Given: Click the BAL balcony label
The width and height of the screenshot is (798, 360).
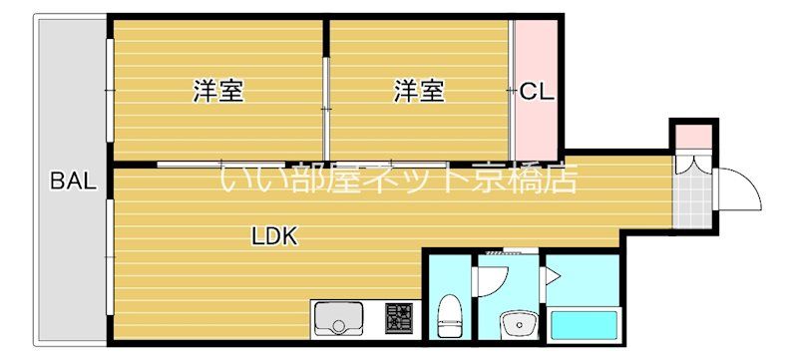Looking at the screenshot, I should (x=73, y=181).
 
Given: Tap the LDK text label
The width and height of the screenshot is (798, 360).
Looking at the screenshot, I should (x=274, y=237).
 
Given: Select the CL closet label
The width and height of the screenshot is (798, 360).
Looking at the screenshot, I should (x=537, y=92).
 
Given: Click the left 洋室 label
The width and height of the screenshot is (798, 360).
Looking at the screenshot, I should (x=218, y=92).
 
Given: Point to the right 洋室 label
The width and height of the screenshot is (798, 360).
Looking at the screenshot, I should (x=419, y=92).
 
